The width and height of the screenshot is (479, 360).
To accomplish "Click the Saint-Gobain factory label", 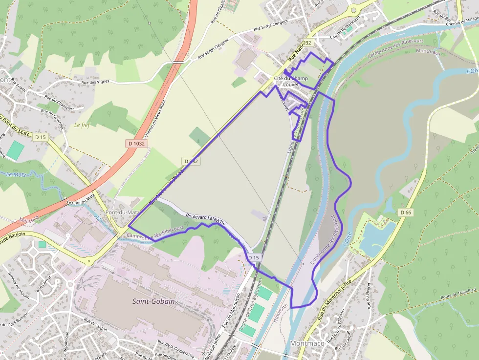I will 153,301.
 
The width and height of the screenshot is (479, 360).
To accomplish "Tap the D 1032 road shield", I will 137,143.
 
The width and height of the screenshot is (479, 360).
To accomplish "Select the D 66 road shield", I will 405,212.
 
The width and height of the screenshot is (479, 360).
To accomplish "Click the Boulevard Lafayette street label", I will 206,218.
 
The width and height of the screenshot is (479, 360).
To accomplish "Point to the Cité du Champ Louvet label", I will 291,81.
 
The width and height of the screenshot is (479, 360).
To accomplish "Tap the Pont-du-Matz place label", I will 123,213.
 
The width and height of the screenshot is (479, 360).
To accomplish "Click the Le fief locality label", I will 84,125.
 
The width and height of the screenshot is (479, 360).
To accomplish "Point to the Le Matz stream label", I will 16,174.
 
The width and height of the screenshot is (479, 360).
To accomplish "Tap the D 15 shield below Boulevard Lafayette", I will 253,257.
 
